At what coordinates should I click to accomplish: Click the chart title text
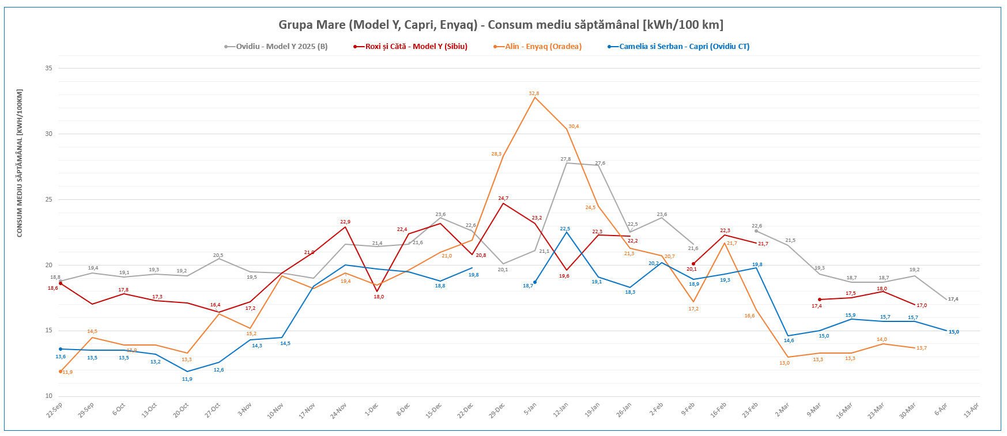(x=500, y=25)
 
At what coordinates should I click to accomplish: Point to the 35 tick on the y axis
(x=49, y=69)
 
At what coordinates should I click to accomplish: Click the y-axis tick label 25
(x=49, y=200)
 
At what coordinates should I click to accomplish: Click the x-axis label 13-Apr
(x=971, y=410)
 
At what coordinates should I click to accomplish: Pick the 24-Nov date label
(x=339, y=410)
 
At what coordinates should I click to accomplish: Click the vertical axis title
(x=20, y=163)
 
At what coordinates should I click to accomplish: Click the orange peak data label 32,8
(x=534, y=93)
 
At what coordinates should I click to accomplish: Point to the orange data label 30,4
(x=574, y=126)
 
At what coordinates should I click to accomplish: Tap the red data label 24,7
(x=503, y=198)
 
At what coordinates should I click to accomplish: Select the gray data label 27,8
(x=565, y=159)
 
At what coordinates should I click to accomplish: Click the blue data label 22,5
(x=565, y=229)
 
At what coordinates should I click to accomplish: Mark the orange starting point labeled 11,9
(x=61, y=371)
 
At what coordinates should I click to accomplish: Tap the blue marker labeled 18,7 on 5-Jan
(x=535, y=282)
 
